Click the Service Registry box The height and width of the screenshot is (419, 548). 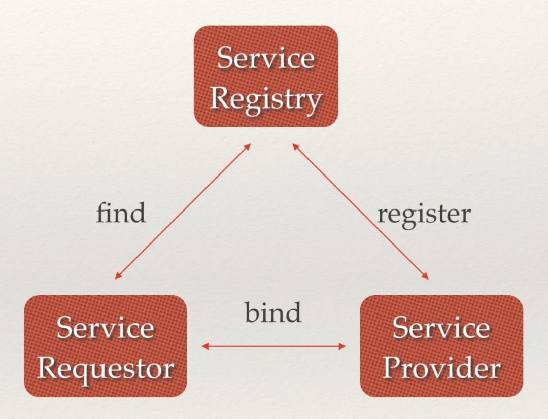point(266,76)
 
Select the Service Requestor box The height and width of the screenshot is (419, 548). point(106,346)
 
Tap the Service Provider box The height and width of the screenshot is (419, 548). point(441,346)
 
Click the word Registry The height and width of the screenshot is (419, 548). point(265,99)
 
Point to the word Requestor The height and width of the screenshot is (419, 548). point(106,369)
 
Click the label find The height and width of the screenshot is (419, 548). point(121,213)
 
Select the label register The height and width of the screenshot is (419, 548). point(424,215)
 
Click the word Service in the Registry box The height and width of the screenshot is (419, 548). point(266,58)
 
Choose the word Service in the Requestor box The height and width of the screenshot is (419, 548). point(105,328)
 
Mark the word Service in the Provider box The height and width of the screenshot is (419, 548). point(441,328)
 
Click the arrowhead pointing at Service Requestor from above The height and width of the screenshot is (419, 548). point(118,276)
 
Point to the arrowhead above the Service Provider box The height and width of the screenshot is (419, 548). point(425,275)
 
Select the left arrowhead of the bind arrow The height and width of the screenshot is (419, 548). point(205,346)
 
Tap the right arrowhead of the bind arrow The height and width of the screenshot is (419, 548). point(342,346)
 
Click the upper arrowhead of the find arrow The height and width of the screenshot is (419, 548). point(247,147)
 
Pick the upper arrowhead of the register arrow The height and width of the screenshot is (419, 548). point(296,147)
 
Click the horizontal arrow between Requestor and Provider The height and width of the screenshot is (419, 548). point(273,346)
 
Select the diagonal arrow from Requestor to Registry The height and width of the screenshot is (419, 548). point(183,211)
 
